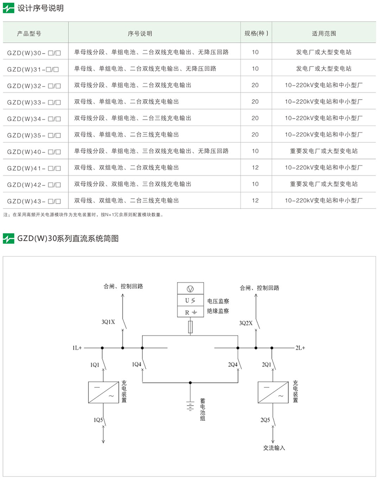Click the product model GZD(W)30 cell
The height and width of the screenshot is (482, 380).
(34, 53)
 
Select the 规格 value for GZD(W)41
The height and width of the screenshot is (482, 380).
(255, 167)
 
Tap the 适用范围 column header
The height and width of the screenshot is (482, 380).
(323, 34)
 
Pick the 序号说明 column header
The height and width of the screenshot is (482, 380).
(140, 34)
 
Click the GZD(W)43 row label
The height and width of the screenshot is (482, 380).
(34, 201)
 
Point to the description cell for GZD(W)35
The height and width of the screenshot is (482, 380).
(126, 135)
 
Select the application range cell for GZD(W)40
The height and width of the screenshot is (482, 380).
(323, 151)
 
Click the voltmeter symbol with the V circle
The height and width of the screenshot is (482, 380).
(190, 289)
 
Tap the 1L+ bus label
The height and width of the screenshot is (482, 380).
(77, 348)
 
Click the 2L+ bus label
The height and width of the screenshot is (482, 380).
(300, 348)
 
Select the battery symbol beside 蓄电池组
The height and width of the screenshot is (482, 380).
(190, 406)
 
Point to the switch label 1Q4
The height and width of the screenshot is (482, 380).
(137, 364)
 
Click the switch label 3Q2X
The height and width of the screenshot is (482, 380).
(246, 323)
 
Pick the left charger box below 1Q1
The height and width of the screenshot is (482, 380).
(104, 392)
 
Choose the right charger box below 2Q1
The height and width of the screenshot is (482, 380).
(273, 392)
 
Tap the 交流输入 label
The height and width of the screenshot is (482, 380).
(274, 448)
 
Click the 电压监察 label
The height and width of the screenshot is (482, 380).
(218, 301)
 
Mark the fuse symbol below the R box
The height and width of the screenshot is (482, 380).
(190, 327)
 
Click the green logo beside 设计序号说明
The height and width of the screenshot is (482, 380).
(9, 8)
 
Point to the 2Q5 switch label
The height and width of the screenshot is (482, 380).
(265, 420)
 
